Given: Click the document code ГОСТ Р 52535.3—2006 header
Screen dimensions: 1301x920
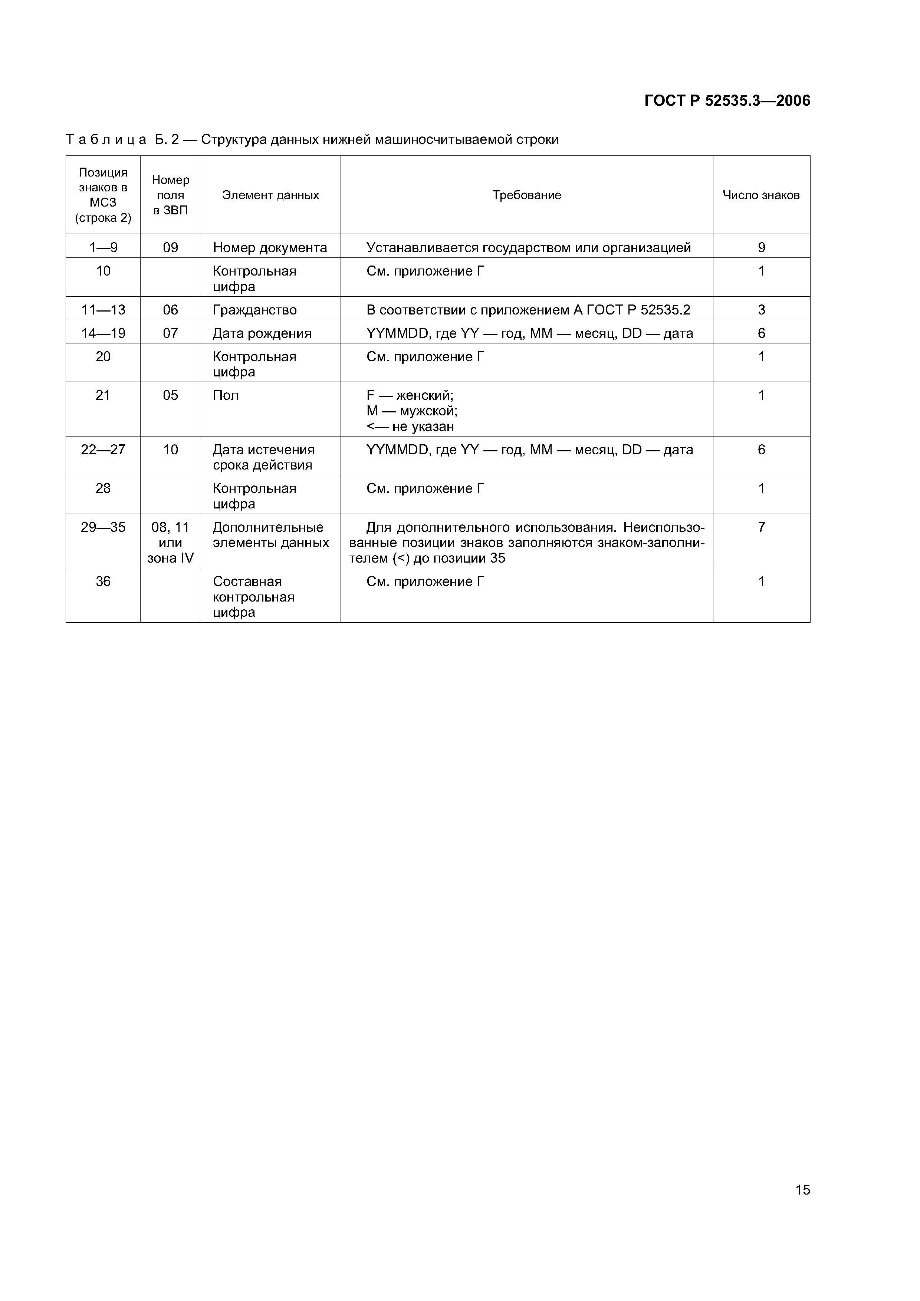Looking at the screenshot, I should (727, 101).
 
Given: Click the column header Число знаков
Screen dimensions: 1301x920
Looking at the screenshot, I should (761, 195).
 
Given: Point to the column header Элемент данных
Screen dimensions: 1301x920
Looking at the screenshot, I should (270, 195).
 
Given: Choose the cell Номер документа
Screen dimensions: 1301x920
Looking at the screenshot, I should (270, 248).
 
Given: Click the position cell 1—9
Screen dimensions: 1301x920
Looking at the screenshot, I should (103, 248).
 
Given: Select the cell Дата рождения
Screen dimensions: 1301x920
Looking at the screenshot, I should (262, 333).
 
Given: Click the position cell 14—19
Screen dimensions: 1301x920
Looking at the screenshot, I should (103, 333).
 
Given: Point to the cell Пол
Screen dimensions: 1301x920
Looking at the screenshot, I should (226, 395).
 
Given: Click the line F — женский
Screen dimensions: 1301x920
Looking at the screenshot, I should (410, 395).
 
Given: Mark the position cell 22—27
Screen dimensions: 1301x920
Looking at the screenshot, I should (103, 450).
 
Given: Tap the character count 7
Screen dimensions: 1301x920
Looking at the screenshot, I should (761, 527).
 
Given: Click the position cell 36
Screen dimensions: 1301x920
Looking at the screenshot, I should (103, 582).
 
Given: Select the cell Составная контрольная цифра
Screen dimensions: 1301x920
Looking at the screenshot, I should (253, 597).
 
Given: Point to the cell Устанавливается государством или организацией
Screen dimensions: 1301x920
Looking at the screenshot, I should (528, 248).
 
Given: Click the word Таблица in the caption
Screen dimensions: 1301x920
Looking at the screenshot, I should (106, 139).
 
